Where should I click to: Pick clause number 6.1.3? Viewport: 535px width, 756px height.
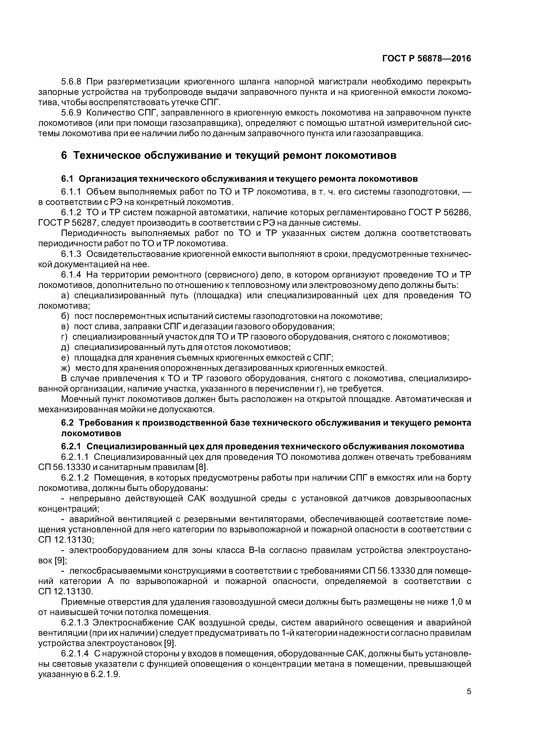(x=71, y=254)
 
